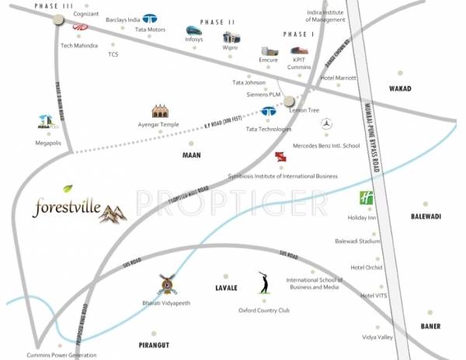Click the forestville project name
[69, 208]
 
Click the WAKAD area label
[400, 89]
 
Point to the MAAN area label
[191, 155]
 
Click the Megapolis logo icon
[47, 122]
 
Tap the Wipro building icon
[231, 36]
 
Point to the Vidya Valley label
[377, 337]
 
